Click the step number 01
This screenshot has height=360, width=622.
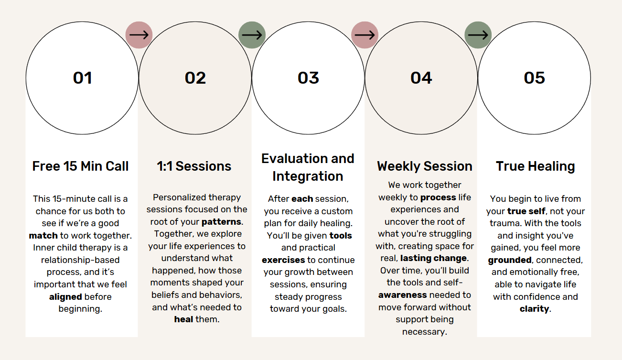[x=82, y=78]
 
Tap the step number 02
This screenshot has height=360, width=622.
[x=195, y=78]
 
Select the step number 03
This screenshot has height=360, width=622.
[x=308, y=78]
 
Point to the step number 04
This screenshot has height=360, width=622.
[x=421, y=78]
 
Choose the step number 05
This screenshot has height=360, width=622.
[x=534, y=78]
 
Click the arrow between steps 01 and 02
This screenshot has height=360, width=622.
[x=139, y=35]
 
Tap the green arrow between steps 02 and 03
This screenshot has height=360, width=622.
[x=252, y=35]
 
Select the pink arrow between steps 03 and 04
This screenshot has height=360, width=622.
[x=365, y=35]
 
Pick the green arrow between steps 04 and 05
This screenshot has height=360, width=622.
[x=478, y=35]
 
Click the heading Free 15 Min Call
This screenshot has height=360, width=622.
[x=80, y=166]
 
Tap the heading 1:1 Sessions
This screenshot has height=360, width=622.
[x=194, y=166]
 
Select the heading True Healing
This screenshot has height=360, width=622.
[x=536, y=166]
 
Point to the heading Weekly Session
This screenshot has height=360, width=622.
[x=425, y=166]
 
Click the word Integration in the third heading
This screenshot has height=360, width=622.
[x=308, y=176]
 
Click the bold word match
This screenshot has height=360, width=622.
[x=43, y=236]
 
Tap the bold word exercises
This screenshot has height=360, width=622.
[x=283, y=260]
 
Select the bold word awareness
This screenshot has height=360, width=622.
[x=403, y=295]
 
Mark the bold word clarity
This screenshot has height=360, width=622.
[x=534, y=309]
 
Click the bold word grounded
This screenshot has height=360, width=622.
[x=510, y=260]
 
